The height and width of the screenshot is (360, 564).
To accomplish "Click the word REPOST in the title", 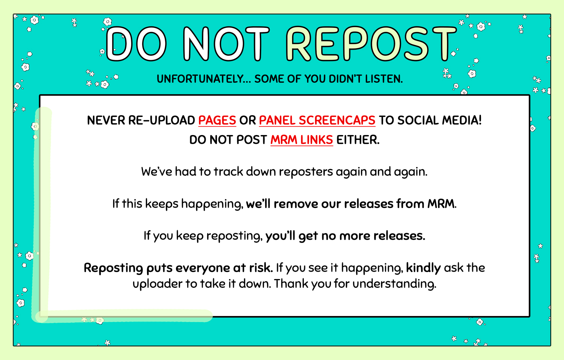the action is coord(371,44).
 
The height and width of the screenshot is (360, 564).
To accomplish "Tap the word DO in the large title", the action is coord(136,44).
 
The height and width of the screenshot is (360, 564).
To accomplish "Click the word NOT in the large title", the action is coord(226,44).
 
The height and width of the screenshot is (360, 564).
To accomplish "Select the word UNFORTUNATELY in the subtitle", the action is coord(200,79).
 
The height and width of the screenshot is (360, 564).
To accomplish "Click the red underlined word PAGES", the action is coord(217,120).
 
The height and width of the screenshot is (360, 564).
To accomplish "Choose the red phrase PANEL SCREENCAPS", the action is coord(317,120).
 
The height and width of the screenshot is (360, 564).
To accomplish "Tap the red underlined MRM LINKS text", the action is coord(302,140).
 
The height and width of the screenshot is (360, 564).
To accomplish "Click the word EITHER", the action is coord(358,140).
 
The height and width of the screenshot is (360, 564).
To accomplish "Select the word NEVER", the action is coord(106,120).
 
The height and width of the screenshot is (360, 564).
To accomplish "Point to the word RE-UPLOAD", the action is coord(162,120).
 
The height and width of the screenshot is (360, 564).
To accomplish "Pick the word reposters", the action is coord(306,172).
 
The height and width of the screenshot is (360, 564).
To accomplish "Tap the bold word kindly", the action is coord(423,268).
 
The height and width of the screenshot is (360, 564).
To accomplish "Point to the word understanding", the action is coord(394,284).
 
